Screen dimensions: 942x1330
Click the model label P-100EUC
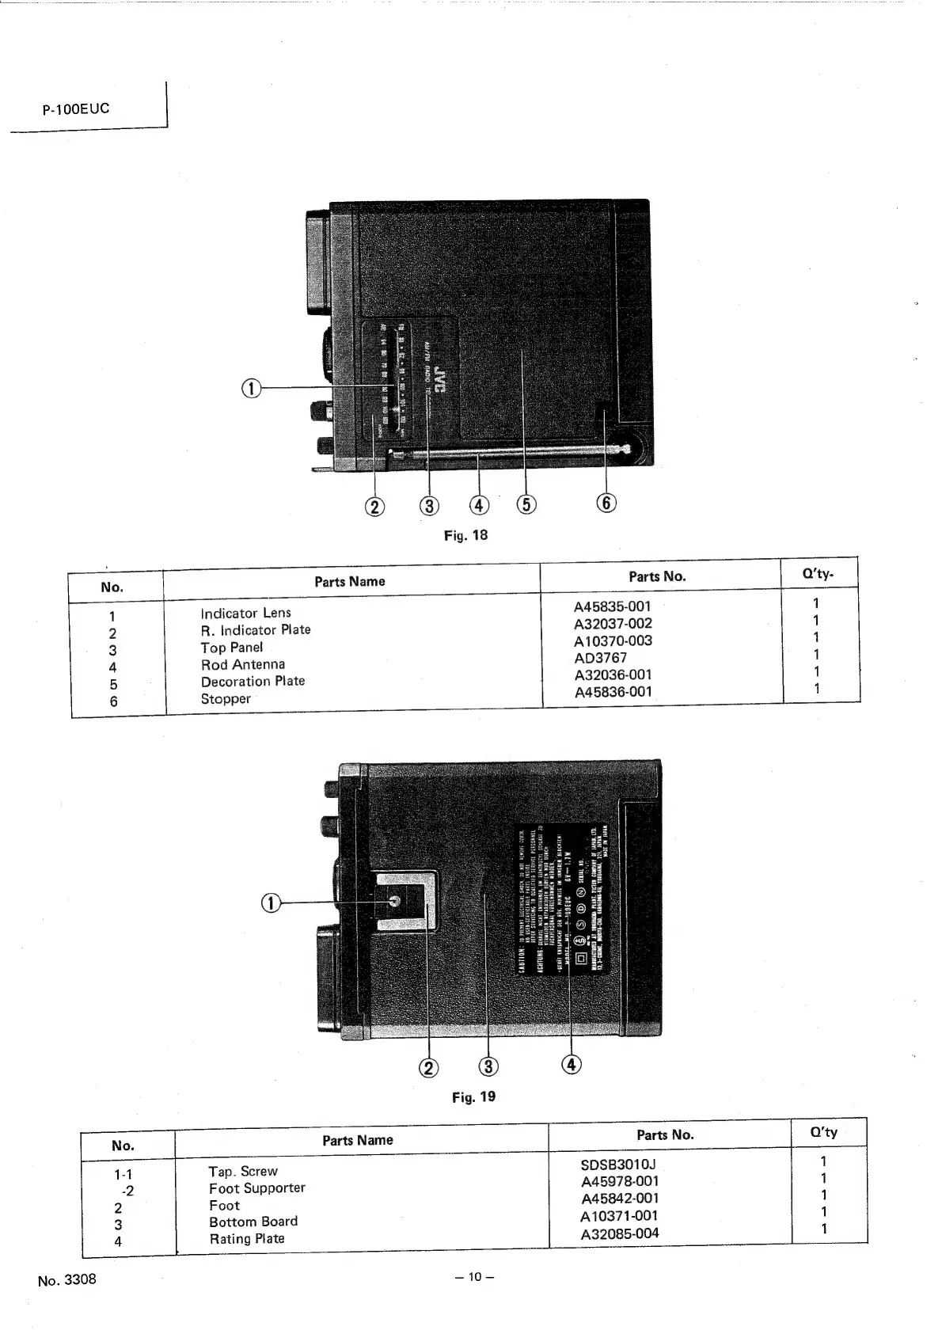click(76, 108)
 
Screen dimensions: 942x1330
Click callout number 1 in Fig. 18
click(251, 388)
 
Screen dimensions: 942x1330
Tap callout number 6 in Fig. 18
click(606, 503)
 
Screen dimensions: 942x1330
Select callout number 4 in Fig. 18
click(479, 504)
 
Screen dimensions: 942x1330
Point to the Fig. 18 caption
click(465, 535)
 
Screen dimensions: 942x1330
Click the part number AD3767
click(600, 658)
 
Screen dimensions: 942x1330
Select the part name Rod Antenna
click(242, 665)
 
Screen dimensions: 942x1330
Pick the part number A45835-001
click(612, 606)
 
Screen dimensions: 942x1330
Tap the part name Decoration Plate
click(253, 682)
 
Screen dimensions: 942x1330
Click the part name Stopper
click(226, 699)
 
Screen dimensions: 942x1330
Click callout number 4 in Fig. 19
click(571, 1065)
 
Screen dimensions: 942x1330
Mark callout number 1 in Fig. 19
click(271, 902)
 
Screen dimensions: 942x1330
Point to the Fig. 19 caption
click(473, 1097)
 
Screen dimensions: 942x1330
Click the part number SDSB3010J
click(618, 1165)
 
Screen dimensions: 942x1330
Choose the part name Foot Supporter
click(256, 1188)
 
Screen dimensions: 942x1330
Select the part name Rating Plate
click(246, 1239)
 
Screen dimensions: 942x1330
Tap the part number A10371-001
click(619, 1216)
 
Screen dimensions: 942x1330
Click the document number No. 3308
click(67, 1279)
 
